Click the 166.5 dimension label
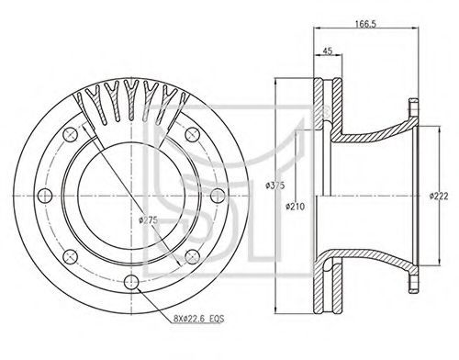point(365,24)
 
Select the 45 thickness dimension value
point(328,51)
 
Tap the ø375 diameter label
point(275,186)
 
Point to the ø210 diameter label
point(296,207)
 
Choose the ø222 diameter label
point(439,196)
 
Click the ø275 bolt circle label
point(149,219)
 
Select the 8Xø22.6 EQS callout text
point(198,319)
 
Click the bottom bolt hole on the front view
point(131,282)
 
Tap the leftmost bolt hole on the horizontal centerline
point(45,196)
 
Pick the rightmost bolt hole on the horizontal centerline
point(218,196)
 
